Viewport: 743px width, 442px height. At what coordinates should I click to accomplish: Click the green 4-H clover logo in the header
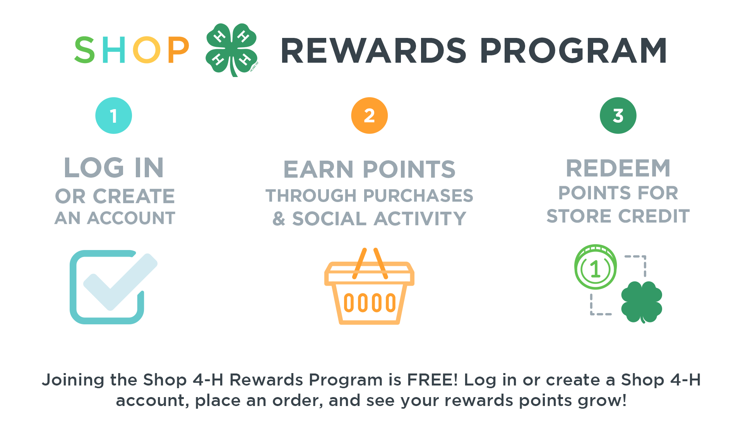231,50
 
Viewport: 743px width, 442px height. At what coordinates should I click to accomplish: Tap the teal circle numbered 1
114,115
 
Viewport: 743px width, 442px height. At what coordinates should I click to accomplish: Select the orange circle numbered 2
370,115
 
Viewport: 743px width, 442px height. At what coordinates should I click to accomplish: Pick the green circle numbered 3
618,115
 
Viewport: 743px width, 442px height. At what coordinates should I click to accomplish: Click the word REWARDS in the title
374,51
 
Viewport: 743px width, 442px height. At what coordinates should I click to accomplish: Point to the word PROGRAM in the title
574,51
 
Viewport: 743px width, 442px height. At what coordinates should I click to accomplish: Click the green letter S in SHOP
85,50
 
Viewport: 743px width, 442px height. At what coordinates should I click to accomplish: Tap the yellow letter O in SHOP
147,50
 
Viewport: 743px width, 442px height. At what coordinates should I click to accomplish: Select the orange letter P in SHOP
178,50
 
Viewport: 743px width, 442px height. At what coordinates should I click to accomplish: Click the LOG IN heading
114,168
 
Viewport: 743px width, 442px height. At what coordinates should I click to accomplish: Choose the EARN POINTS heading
370,170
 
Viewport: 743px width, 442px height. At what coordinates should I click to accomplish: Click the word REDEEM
618,168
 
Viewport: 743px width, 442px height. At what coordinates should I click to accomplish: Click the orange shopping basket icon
370,286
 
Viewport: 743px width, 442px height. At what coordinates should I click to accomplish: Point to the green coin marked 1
596,267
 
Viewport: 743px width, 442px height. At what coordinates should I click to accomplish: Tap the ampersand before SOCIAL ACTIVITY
279,219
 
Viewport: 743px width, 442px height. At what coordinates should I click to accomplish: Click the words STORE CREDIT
618,216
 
